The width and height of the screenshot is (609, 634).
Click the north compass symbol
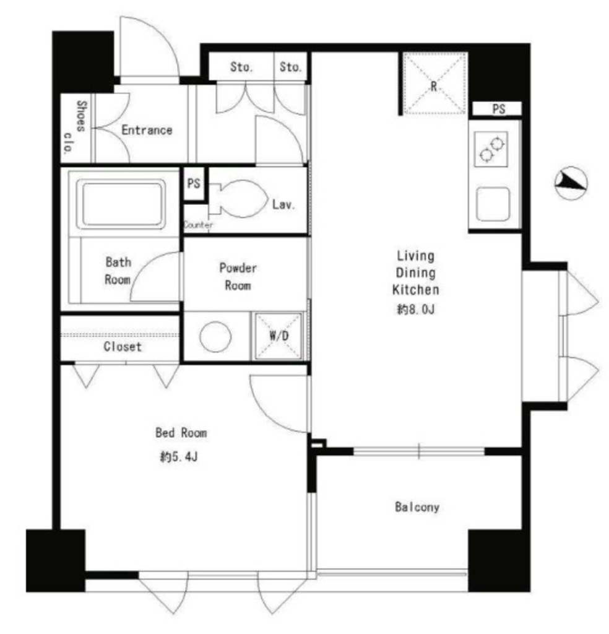(x=571, y=183)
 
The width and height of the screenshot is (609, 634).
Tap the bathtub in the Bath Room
(x=124, y=204)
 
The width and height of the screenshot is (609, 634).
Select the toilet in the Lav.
(x=238, y=199)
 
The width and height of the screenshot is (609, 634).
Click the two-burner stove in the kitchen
(x=491, y=149)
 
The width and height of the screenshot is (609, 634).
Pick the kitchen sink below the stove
(x=493, y=204)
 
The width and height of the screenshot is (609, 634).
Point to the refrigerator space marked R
(x=434, y=84)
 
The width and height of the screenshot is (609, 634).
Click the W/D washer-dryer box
(x=279, y=336)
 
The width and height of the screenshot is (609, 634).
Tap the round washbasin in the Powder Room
(x=215, y=336)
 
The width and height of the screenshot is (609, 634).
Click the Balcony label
(x=417, y=506)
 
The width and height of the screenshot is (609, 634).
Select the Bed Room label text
(x=181, y=433)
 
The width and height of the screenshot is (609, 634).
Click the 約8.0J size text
(x=416, y=310)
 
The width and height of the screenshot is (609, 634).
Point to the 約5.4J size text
(x=179, y=457)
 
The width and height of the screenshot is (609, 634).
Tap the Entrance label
(x=147, y=130)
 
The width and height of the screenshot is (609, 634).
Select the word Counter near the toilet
(x=198, y=225)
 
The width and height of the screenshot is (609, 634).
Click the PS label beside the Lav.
(x=194, y=183)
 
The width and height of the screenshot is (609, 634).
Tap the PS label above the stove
(x=499, y=109)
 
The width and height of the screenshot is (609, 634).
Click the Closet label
(x=123, y=347)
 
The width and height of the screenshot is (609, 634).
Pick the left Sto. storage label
(x=241, y=67)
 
